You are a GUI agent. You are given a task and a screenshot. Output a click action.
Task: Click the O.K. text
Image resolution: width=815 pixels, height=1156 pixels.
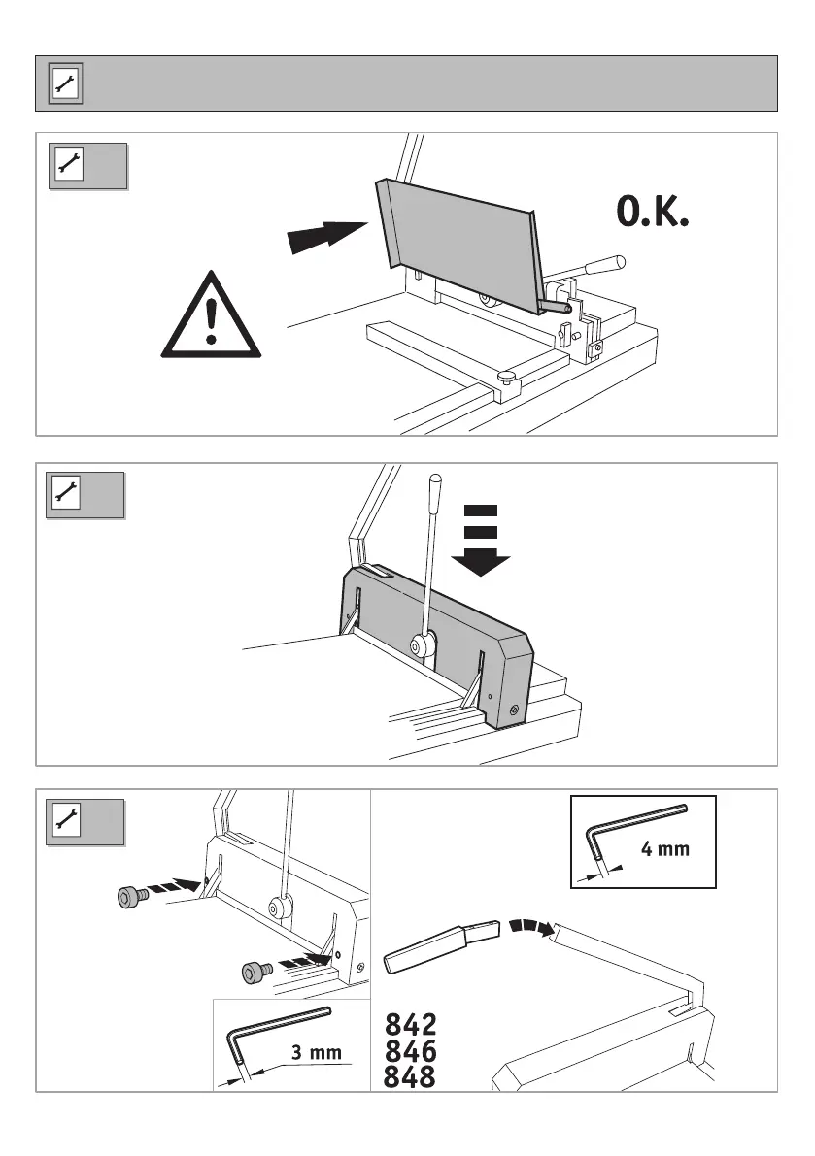point(653,213)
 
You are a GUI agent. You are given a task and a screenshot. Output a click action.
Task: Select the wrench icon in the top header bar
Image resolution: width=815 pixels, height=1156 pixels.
point(66,83)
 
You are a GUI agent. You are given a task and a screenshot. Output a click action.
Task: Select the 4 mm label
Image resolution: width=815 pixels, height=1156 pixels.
point(665,850)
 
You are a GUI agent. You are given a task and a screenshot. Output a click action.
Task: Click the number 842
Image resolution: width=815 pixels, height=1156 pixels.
point(411,1025)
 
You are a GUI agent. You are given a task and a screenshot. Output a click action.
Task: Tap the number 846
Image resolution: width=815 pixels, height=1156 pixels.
point(411,1051)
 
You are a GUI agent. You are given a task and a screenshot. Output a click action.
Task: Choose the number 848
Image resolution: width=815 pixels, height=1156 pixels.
point(411,1077)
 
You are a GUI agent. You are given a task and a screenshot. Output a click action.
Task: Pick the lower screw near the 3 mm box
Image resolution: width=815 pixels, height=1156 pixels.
point(255,969)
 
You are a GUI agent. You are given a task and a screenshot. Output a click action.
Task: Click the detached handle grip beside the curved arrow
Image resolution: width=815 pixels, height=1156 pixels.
point(442,947)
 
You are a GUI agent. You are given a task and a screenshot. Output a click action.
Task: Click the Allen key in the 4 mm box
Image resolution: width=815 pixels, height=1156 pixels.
point(631,823)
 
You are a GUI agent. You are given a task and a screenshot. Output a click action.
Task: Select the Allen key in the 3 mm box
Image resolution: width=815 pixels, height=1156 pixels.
point(272,1034)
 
